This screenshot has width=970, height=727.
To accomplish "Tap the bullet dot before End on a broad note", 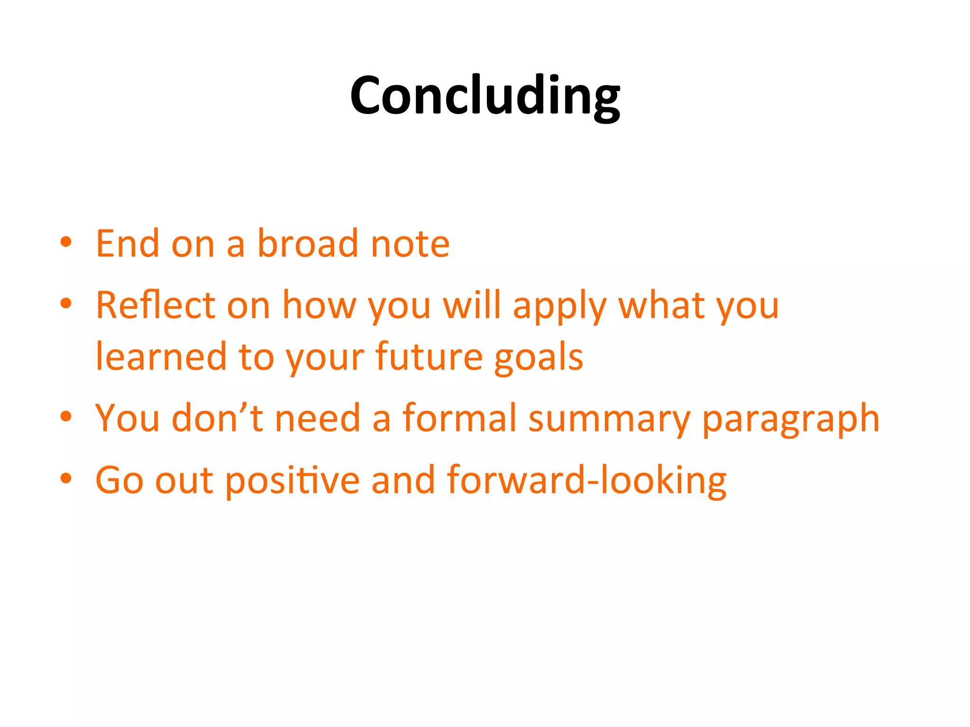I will (66, 242).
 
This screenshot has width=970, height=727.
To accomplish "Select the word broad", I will (307, 244).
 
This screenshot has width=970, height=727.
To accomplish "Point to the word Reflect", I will (155, 305).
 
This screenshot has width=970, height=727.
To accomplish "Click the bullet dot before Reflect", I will (66, 303).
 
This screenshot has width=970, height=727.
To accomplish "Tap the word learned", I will (161, 356).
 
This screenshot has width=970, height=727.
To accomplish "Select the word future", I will (429, 356).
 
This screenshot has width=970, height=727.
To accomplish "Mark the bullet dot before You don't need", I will (66, 417).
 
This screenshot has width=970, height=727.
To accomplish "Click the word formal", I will (459, 418).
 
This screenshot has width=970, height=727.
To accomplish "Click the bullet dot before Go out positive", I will (66, 478).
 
